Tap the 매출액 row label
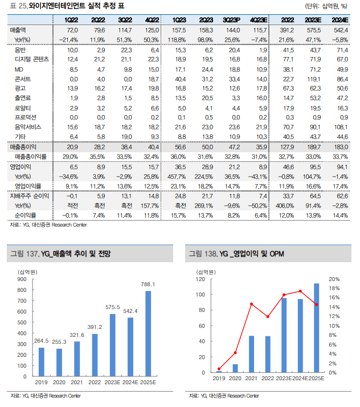point(19,29)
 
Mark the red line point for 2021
point(251,304)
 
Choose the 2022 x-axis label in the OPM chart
point(267,378)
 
